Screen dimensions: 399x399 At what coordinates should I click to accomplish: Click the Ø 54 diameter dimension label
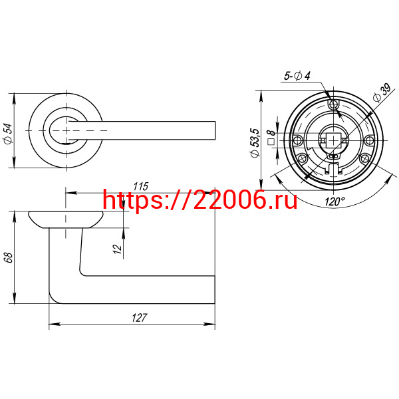(x=8, y=134)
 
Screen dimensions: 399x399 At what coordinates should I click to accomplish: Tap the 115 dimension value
(x=140, y=186)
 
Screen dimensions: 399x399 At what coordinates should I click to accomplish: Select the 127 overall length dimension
(x=139, y=318)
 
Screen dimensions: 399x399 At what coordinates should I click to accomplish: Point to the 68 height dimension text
(x=9, y=258)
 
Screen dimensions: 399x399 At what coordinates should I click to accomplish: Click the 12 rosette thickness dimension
(x=117, y=249)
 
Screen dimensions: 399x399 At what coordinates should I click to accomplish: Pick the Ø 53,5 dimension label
(x=255, y=143)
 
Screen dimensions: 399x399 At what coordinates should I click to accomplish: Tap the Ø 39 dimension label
(x=382, y=92)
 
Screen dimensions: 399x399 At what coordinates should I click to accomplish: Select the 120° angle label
(x=334, y=201)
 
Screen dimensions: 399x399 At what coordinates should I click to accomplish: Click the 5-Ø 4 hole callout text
(x=297, y=76)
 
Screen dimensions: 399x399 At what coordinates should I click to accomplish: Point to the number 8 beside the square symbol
(x=271, y=132)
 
